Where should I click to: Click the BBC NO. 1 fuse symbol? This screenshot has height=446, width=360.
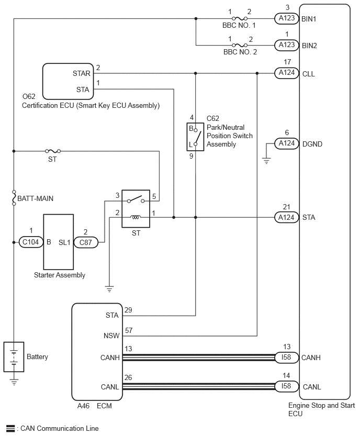pos(240,19)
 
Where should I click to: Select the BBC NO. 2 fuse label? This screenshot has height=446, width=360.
pos(240,52)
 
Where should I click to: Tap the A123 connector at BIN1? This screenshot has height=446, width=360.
pos(287,18)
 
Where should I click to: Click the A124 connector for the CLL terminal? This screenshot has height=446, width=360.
pos(287,73)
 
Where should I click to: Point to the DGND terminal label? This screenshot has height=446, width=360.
pos(312,144)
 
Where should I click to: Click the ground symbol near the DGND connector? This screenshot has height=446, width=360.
pos(266,161)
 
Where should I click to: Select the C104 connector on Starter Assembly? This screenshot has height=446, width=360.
pos(31,242)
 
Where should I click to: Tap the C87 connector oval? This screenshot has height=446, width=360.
pos(86,242)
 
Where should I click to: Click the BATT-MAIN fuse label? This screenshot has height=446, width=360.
pos(35,198)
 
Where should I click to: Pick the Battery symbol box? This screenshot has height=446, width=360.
pos(14,357)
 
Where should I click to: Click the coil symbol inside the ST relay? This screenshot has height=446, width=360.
pos(136,218)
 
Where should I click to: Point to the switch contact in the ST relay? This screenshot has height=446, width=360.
pos(136,199)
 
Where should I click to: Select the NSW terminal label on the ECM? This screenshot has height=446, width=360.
pos(111,336)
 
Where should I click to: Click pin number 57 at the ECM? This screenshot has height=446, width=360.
pos(129,330)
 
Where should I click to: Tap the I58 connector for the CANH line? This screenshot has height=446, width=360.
pos(287,357)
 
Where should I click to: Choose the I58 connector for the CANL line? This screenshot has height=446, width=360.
pos(287,386)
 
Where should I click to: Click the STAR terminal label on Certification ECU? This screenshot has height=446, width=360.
pos(81,73)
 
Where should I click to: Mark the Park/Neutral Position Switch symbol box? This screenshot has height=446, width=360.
pos(195,137)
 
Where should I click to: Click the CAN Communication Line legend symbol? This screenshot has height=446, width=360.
pos(10,428)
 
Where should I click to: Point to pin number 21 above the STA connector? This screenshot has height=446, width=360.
pos(286,207)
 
